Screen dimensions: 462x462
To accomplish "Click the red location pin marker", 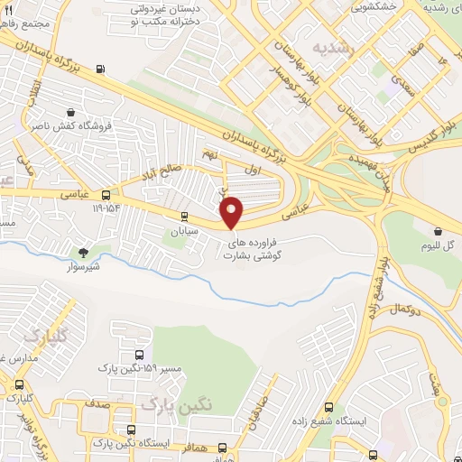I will pos(232,212).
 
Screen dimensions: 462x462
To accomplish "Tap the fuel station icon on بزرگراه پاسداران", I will pos(99,68).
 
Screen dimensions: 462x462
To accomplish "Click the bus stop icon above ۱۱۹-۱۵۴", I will pos(106,195).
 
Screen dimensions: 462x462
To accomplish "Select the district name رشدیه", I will pos(328,46).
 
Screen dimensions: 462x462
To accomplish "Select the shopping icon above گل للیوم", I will pos(438,231).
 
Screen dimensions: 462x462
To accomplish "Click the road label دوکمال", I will pos(408,308).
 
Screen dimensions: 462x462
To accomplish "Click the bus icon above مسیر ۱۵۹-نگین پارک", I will pos(139,355).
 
